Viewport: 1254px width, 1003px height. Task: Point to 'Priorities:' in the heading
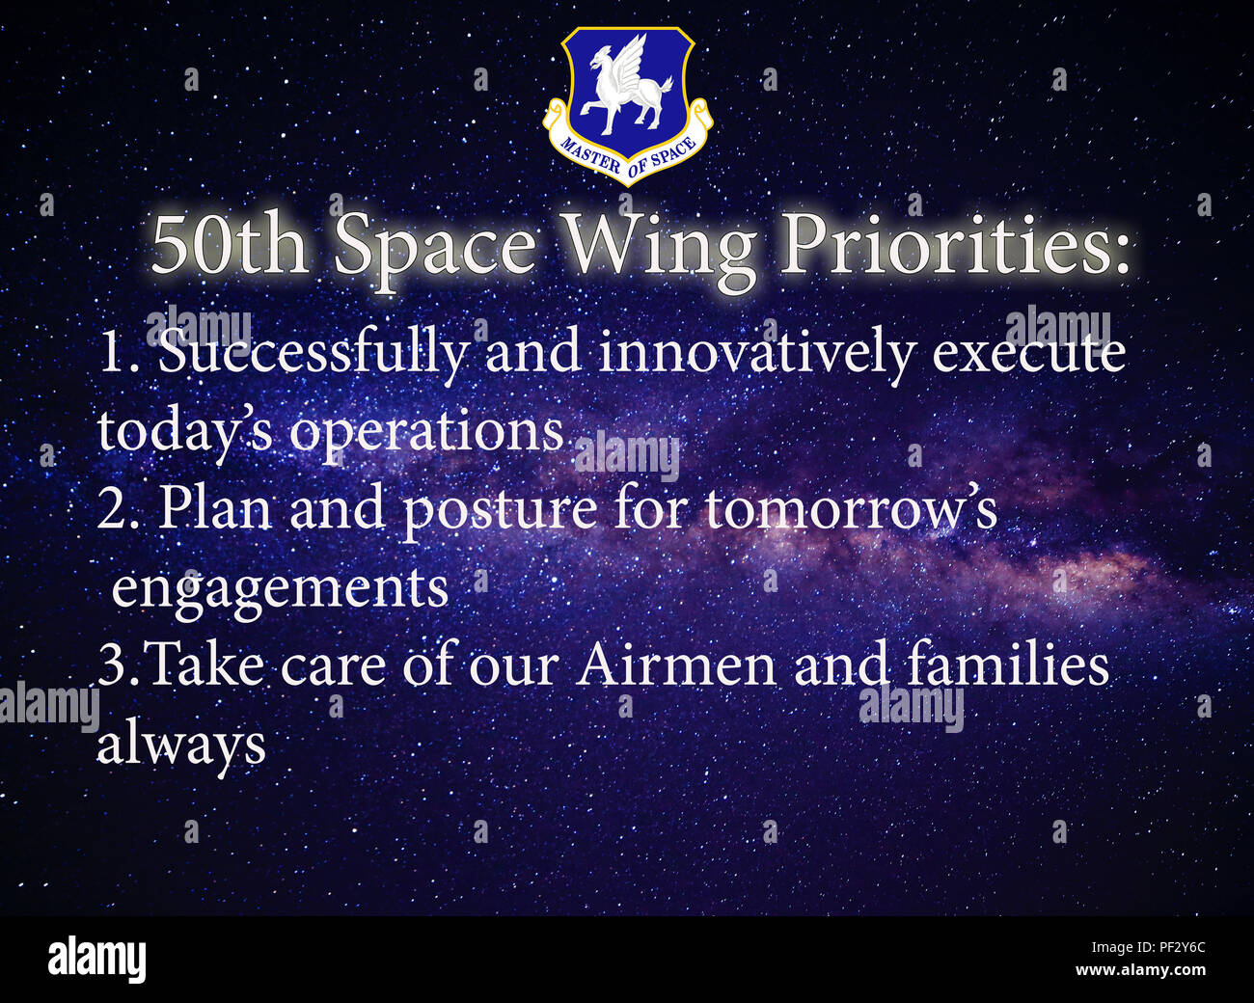(x=954, y=245)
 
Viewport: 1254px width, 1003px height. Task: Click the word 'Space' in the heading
(x=434, y=247)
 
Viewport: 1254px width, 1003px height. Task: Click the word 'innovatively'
(x=755, y=354)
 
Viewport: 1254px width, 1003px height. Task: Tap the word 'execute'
(x=1028, y=354)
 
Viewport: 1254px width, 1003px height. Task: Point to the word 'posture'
(x=499, y=510)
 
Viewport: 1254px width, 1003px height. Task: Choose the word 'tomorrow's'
(x=851, y=508)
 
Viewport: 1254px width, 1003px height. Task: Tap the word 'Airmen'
(x=676, y=666)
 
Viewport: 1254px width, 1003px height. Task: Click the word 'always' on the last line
(x=181, y=745)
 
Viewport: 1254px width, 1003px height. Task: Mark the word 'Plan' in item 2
(x=214, y=508)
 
